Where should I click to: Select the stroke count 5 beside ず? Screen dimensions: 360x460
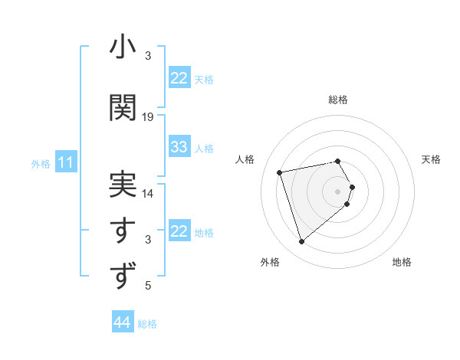148,286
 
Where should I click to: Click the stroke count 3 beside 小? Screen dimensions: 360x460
148,56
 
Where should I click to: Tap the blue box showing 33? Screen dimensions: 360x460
179,147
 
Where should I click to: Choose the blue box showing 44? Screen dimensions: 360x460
123,322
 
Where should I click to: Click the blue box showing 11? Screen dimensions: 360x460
66,162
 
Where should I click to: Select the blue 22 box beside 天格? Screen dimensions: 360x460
179,78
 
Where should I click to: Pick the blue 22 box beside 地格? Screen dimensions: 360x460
179,231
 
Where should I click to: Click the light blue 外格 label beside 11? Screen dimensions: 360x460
41,163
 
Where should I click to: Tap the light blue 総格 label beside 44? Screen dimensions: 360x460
147,323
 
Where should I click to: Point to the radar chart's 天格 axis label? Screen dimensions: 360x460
432,159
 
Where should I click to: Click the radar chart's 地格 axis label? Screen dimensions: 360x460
402,262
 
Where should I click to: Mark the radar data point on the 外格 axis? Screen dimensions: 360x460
301,242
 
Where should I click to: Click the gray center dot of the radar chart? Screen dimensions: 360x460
337,191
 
